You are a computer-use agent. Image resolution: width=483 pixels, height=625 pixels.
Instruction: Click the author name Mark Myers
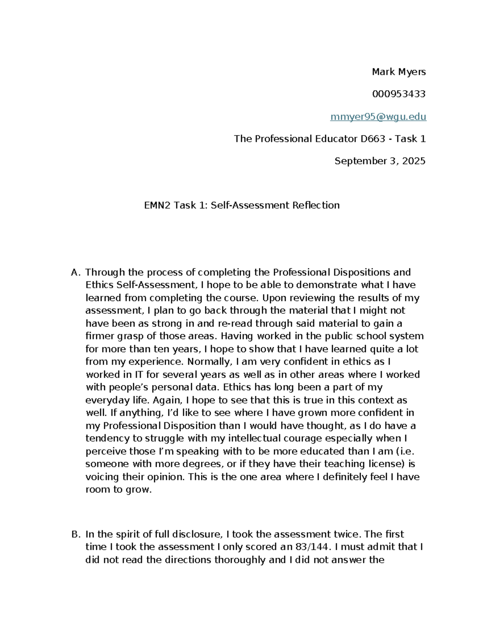[x=398, y=72]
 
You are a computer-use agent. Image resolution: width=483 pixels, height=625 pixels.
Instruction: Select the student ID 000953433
[x=398, y=94]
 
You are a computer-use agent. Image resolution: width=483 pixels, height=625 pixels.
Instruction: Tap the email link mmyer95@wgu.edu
[x=378, y=117]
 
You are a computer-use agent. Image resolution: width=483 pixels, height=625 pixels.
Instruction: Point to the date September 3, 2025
[x=380, y=161]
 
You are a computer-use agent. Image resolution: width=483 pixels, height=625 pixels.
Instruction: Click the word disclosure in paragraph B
[x=197, y=534]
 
